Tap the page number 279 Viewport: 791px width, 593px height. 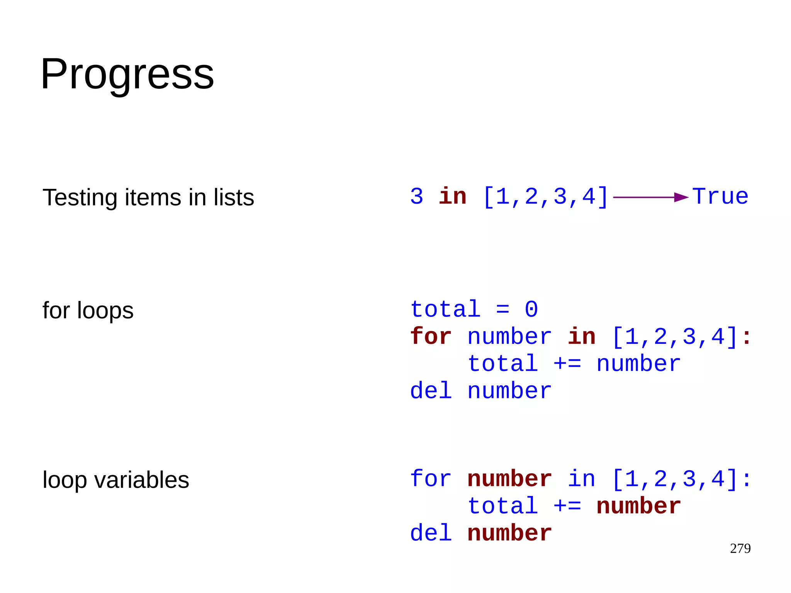[740, 549]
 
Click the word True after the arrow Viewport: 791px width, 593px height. [720, 197]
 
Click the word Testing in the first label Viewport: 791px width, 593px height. [79, 198]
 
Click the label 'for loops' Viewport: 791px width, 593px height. [88, 310]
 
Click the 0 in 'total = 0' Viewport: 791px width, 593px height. [531, 309]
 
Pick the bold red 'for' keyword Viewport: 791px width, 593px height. [431, 336]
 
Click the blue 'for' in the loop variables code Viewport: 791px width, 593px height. [431, 479]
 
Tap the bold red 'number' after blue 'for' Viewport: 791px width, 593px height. [509, 479]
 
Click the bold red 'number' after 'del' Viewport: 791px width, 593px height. [509, 534]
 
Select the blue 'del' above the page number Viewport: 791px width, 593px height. [431, 534]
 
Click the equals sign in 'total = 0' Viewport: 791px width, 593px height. [502, 309]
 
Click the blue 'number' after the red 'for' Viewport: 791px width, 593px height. [509, 337]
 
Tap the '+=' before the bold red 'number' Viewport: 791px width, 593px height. [567, 506]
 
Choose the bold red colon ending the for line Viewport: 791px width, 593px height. [746, 337]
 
